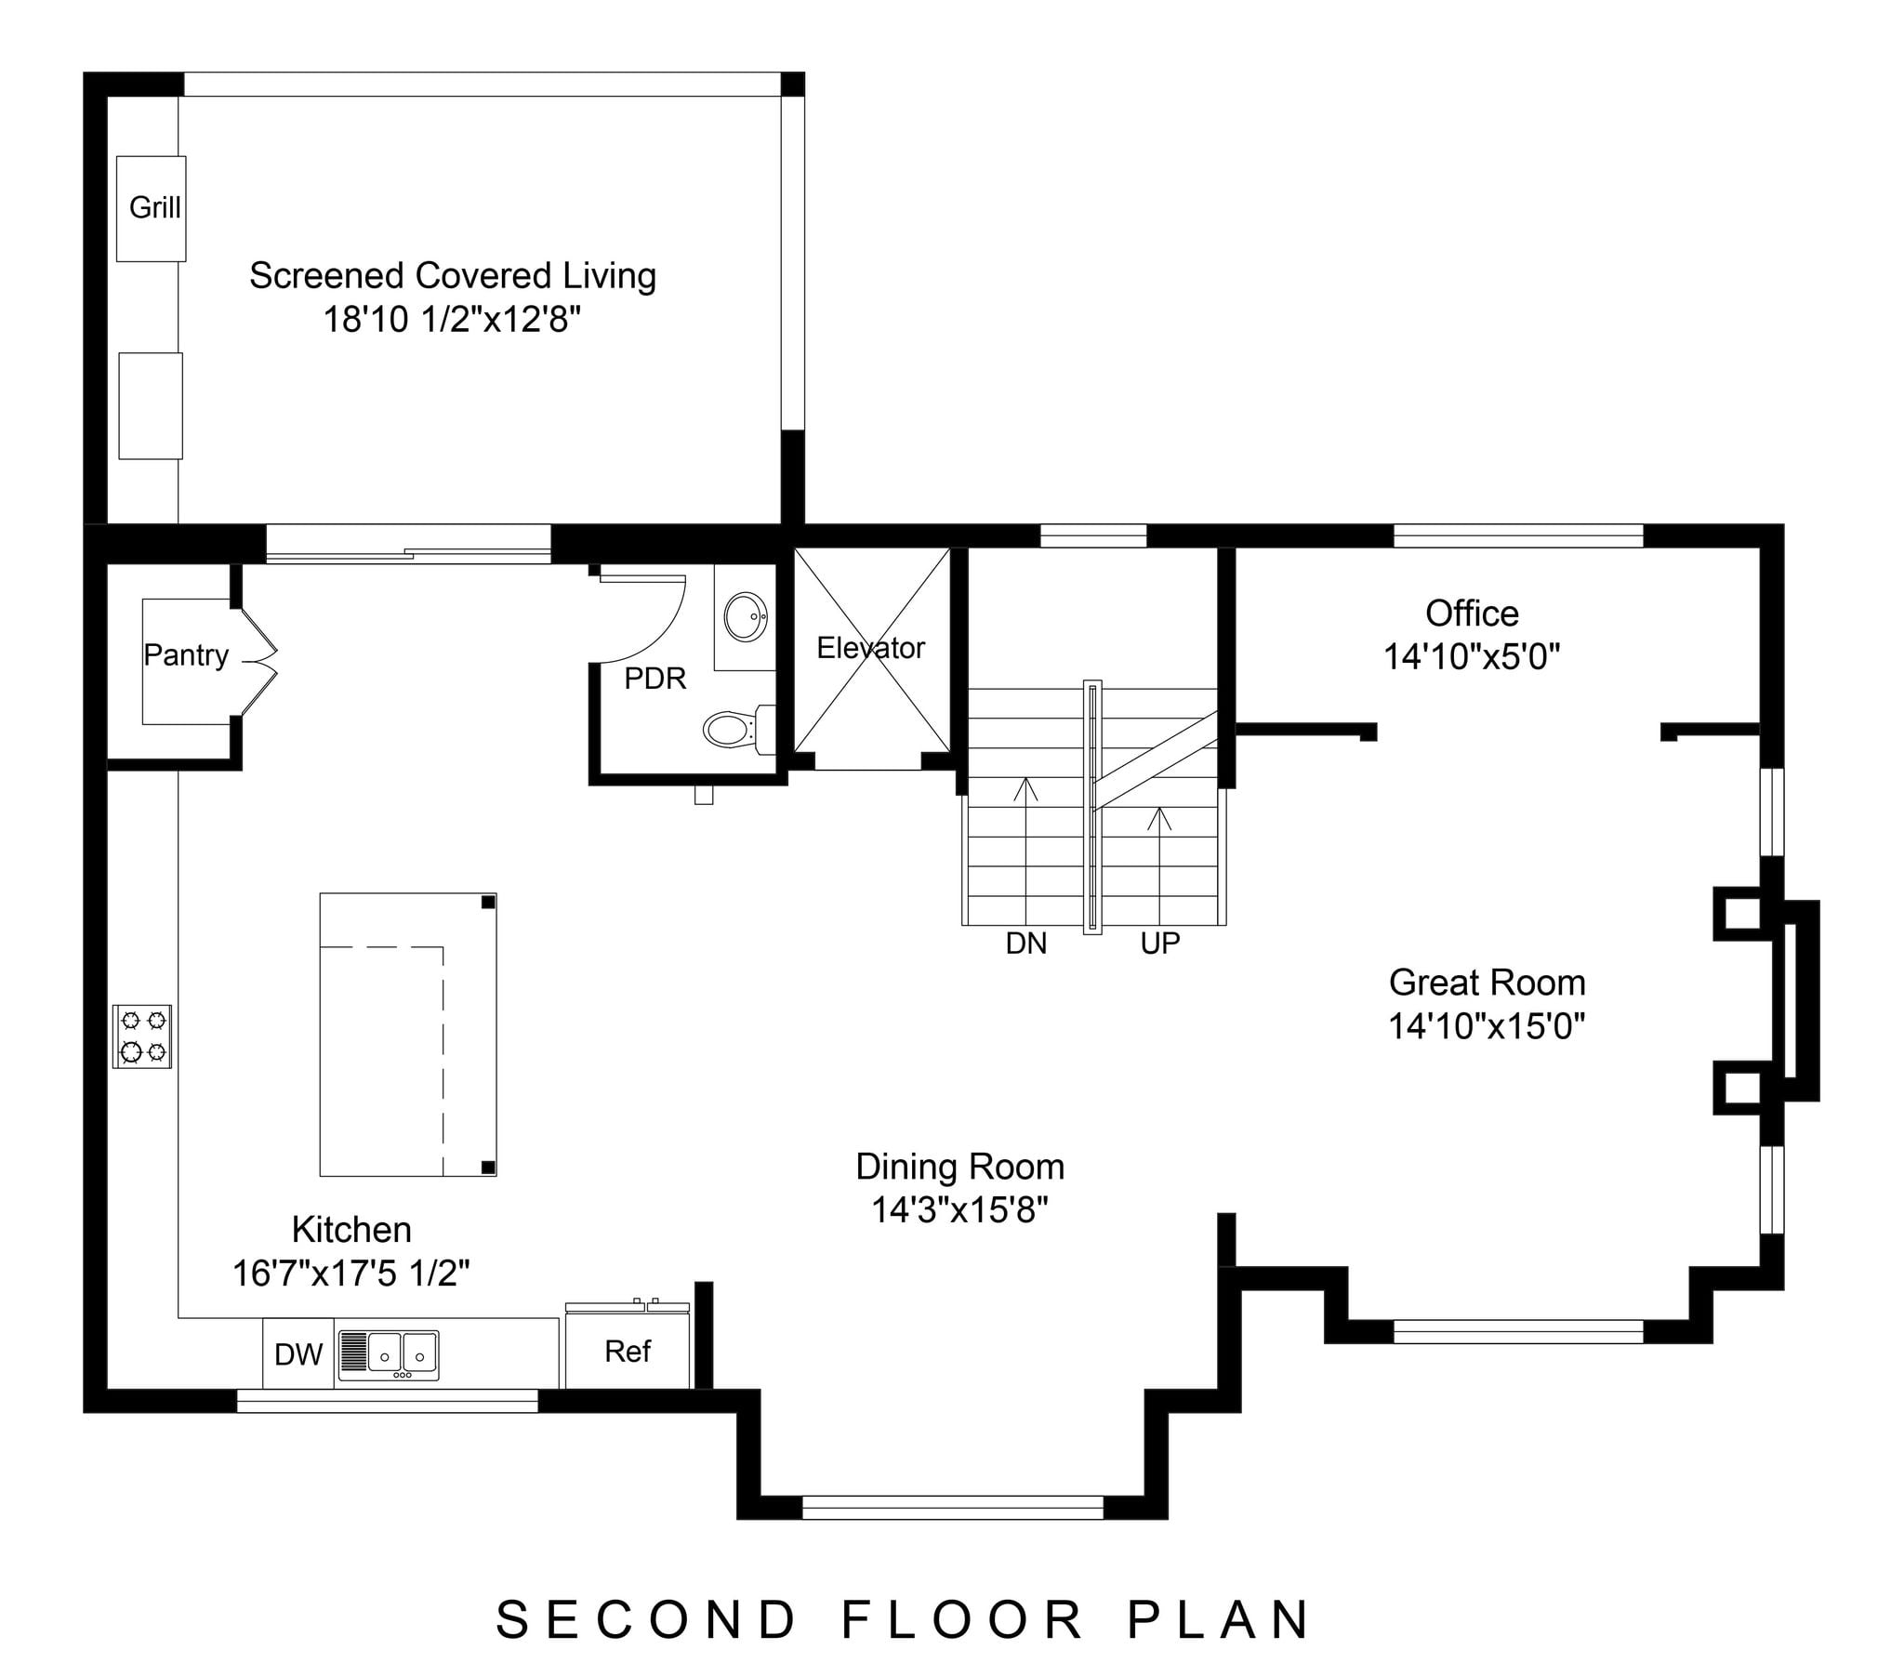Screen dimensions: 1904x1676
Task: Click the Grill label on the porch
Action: pyautogui.click(x=154, y=206)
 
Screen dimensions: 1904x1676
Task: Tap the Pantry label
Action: pyautogui.click(x=185, y=655)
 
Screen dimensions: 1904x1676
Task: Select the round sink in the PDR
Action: pyautogui.click(x=747, y=616)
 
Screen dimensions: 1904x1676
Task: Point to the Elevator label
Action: pyautogui.click(x=871, y=648)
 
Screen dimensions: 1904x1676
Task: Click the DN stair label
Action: pyautogui.click(x=1025, y=944)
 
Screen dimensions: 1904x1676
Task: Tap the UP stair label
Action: pyautogui.click(x=1159, y=944)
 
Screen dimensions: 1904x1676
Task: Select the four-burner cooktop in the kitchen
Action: pyautogui.click(x=142, y=1036)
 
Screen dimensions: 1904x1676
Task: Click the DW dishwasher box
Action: pyautogui.click(x=298, y=1353)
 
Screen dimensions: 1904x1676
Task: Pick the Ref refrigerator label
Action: pyautogui.click(x=627, y=1351)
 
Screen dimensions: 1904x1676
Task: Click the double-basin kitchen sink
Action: pyautogui.click(x=389, y=1354)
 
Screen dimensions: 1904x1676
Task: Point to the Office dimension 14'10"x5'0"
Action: pyautogui.click(x=1472, y=657)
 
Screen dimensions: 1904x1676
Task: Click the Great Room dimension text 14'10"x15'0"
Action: pyautogui.click(x=1487, y=1025)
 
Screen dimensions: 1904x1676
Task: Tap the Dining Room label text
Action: pyautogui.click(x=959, y=1167)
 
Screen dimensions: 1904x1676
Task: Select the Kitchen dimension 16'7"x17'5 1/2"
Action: pyautogui.click(x=351, y=1273)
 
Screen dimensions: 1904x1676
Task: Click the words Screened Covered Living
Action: pyautogui.click(x=453, y=276)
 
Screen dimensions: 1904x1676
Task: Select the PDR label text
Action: pyautogui.click(x=654, y=679)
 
